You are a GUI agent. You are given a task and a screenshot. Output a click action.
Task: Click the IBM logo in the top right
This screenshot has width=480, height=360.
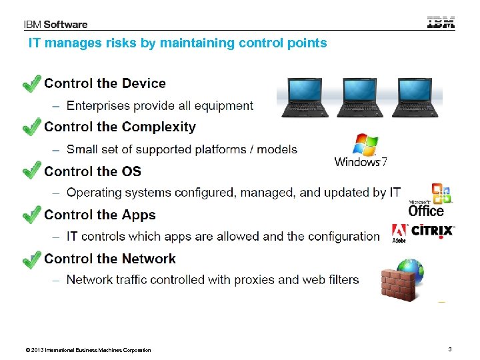[441, 22]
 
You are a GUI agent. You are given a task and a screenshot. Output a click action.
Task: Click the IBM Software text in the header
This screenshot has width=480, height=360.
[56, 25]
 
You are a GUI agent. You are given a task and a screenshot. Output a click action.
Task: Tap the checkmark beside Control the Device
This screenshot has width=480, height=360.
[31, 84]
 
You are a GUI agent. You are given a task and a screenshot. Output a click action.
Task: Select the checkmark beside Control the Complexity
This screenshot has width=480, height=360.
[31, 127]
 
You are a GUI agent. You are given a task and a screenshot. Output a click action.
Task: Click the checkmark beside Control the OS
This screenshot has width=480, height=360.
[31, 171]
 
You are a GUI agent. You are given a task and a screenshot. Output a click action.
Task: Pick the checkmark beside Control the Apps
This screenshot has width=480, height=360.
[31, 215]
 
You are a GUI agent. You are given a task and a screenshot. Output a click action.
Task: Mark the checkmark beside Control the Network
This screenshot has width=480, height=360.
[31, 259]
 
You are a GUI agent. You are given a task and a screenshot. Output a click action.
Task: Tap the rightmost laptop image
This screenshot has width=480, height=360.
[418, 98]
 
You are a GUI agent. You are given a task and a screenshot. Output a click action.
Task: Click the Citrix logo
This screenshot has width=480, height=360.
[432, 231]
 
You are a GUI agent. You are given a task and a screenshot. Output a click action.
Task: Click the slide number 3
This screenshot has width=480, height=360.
[450, 349]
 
